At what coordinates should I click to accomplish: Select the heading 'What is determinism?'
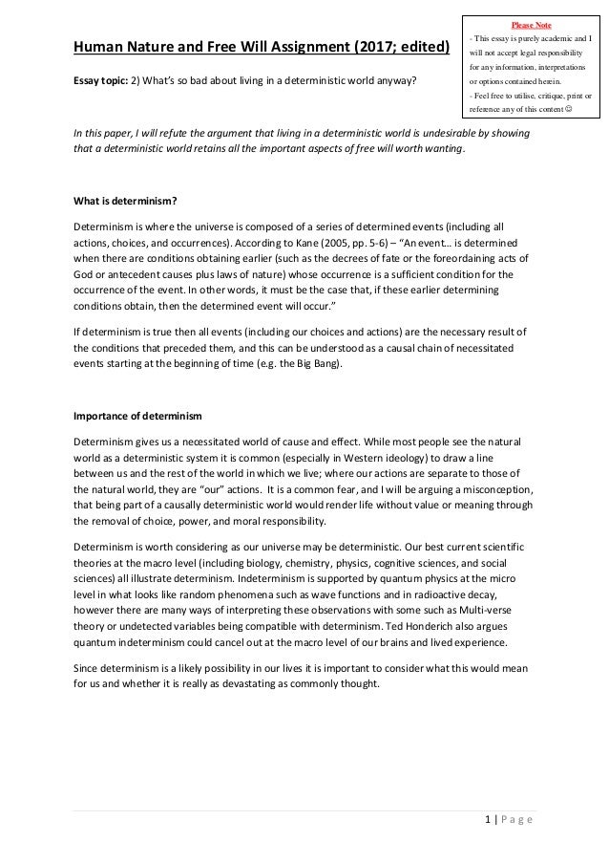[x=117, y=201]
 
